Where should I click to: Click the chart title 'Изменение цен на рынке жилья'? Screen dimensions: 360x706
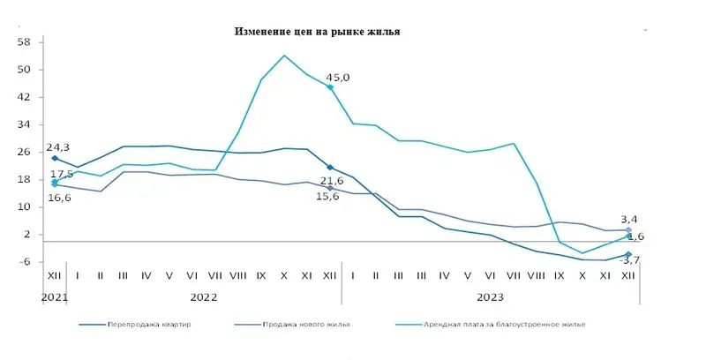pyautogui.click(x=317, y=31)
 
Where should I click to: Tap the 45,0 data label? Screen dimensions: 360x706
pyautogui.click(x=339, y=78)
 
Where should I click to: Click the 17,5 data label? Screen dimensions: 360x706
pyautogui.click(x=62, y=175)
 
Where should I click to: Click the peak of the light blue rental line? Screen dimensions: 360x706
pyautogui.click(x=284, y=56)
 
